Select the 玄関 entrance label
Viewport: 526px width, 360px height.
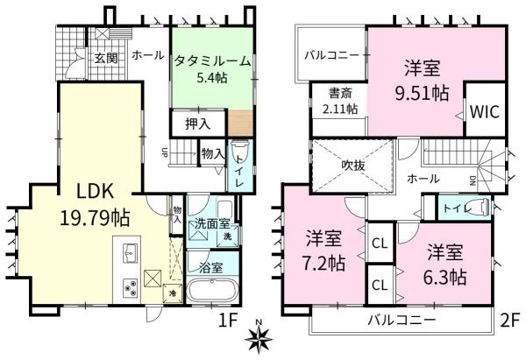click(106, 58)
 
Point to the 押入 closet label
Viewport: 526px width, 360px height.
click(196, 124)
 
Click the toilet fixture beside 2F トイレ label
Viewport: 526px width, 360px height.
click(479, 208)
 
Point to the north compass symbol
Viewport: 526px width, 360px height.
click(260, 340)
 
